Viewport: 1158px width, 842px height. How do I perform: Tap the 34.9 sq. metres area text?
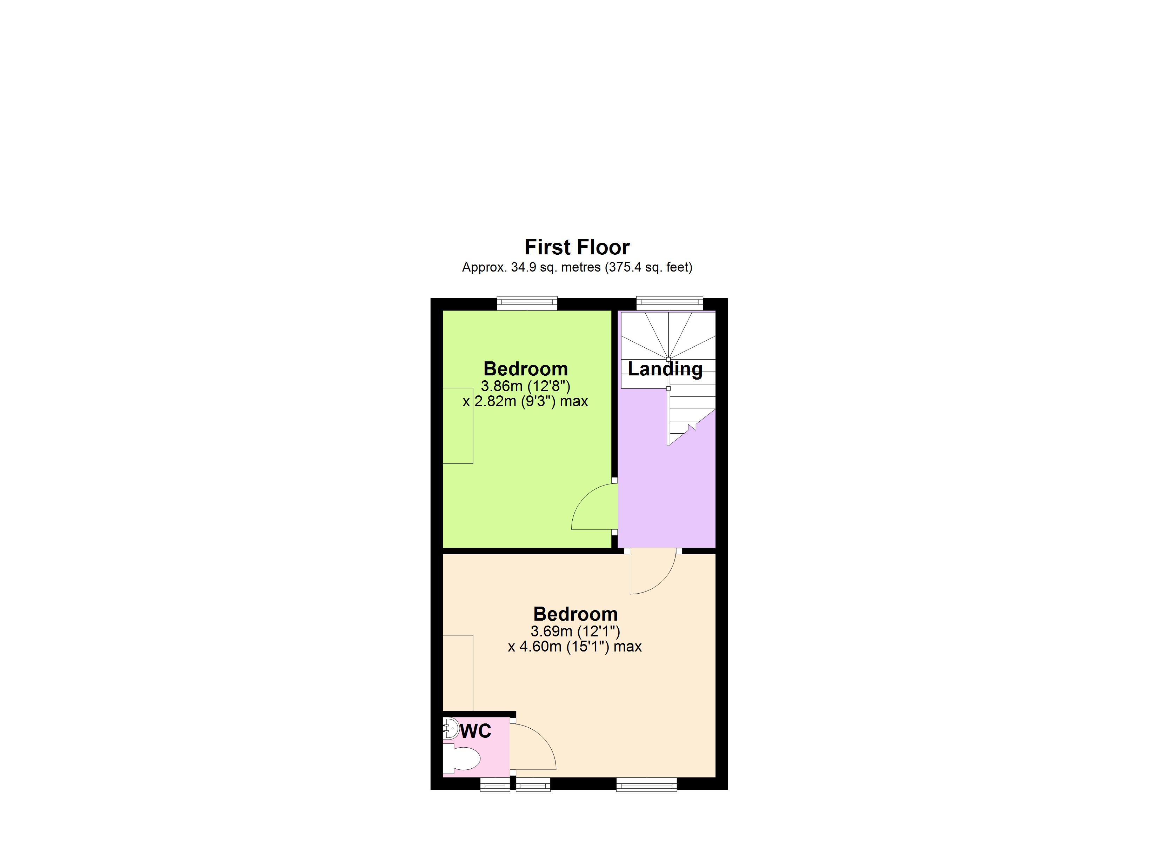577,267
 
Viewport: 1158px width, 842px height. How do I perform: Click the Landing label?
665,369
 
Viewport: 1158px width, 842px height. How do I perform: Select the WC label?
475,731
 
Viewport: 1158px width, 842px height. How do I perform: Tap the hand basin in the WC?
450,728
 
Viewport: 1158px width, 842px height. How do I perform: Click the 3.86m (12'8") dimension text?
525,386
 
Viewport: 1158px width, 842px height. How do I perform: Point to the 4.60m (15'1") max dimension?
574,647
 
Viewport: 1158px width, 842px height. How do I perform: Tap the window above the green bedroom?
527,303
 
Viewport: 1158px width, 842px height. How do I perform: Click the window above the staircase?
670,303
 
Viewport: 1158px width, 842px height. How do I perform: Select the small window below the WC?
495,784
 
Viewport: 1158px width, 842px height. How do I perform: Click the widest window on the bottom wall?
646,784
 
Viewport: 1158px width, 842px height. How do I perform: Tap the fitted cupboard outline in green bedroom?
458,425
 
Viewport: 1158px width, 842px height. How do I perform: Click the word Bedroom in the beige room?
575,614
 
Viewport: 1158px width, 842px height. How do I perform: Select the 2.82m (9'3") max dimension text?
525,401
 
